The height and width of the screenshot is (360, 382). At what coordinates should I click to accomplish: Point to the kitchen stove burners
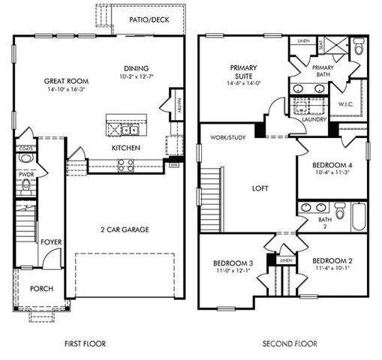[x=126, y=163]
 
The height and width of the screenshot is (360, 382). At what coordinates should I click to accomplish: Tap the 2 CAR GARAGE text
[x=125, y=229]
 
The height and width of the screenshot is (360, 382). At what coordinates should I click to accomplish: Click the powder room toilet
[x=26, y=184]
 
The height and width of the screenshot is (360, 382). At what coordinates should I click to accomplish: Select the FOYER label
[x=51, y=242]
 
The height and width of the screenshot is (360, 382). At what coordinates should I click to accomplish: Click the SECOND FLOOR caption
[x=290, y=343]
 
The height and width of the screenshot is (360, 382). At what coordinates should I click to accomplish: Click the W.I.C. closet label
[x=346, y=104]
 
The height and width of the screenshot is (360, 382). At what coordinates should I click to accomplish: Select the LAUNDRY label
[x=312, y=119]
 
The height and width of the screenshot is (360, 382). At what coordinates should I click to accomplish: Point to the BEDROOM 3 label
[x=232, y=262]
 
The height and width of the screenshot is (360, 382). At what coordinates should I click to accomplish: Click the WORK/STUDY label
[x=228, y=138]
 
